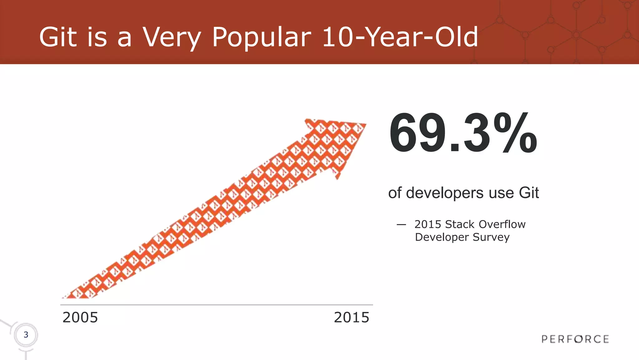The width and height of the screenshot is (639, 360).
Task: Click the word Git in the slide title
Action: tap(58, 37)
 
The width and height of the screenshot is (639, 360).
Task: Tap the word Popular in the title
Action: tap(261, 37)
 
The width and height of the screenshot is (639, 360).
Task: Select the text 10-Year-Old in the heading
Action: tap(400, 37)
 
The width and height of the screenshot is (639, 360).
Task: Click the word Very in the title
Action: tap(172, 37)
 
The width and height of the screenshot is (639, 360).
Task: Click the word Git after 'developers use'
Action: tap(529, 193)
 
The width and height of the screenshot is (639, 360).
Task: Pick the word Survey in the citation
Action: tap(491, 237)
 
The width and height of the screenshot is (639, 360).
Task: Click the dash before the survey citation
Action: tap(401, 224)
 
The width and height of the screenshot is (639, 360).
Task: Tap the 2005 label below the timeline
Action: tap(80, 318)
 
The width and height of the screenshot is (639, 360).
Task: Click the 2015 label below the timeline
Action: tap(352, 318)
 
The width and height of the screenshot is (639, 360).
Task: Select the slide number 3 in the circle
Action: tap(26, 335)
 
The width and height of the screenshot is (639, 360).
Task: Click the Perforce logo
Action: tap(575, 339)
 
